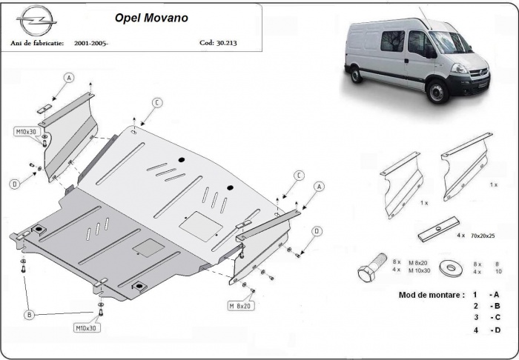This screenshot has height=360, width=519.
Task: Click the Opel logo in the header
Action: click(35, 18)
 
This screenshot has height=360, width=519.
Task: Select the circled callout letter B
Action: click(30, 315)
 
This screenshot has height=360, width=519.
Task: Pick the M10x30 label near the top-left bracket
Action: click(27, 131)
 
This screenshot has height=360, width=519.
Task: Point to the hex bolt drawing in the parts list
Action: click(369, 267)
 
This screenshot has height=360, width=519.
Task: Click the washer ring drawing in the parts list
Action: click(450, 267)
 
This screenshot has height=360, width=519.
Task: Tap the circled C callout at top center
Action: click(157, 102)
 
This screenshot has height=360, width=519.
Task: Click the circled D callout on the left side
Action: click(14, 184)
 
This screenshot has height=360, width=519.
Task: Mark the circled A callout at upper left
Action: click(69, 78)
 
